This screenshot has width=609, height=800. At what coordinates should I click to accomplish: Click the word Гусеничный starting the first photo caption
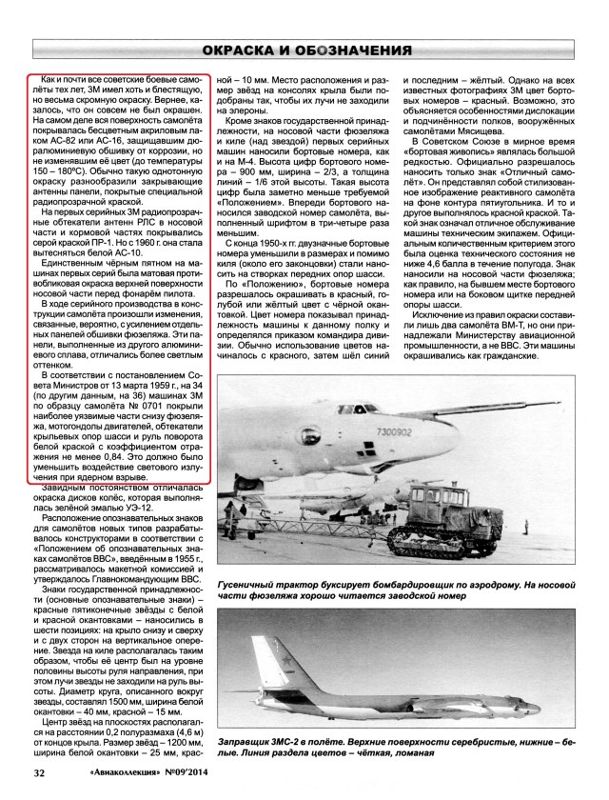point(253,553)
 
